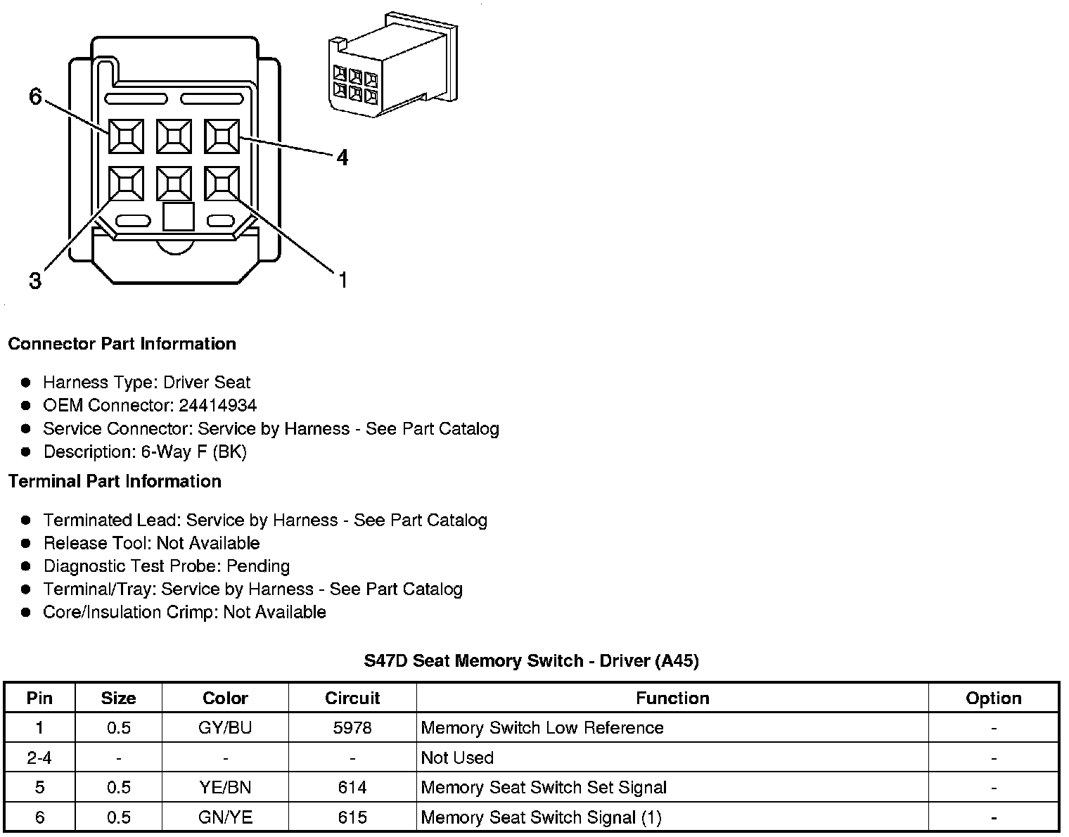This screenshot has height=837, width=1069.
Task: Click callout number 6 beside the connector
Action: tap(36, 96)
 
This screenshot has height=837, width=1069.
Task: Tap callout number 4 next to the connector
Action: tap(342, 158)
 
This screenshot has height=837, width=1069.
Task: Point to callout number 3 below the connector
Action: tap(35, 281)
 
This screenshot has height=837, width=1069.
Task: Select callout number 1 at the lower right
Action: tap(343, 281)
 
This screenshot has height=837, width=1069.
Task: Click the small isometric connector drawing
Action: tap(392, 67)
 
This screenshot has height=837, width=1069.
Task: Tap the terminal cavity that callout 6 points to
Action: tap(127, 136)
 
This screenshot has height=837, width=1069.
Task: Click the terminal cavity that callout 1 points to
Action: tap(222, 184)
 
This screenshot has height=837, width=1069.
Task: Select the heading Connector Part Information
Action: tap(122, 344)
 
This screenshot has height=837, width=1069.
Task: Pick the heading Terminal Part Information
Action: tap(115, 481)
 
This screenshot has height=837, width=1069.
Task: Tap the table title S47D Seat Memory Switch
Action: tap(531, 660)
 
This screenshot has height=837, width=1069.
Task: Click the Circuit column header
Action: tap(352, 698)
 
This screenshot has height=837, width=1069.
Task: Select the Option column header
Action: tap(993, 698)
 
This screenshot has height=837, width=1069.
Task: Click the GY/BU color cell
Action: tap(225, 727)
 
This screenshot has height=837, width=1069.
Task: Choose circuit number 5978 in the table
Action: tap(352, 727)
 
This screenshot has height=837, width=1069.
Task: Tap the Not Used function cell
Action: tap(457, 758)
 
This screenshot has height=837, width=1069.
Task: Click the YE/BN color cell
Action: tap(225, 787)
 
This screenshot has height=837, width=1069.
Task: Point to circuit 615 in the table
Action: tap(352, 817)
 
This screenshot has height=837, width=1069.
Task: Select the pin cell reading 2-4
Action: tap(39, 758)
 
